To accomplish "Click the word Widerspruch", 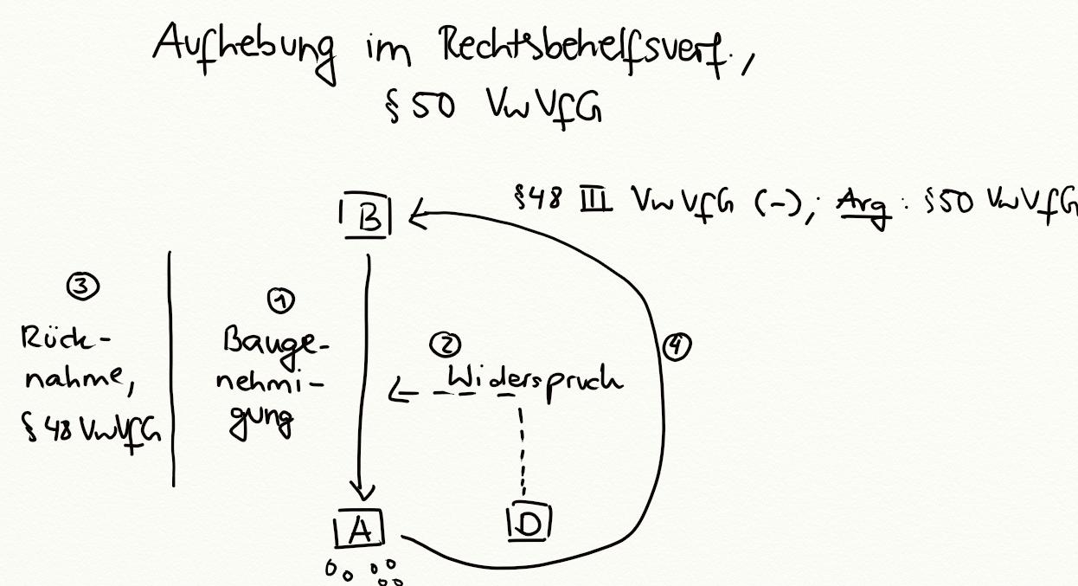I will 533,378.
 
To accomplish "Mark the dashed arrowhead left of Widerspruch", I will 397,395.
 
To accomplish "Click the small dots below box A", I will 363,572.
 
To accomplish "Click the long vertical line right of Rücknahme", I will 172,368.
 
